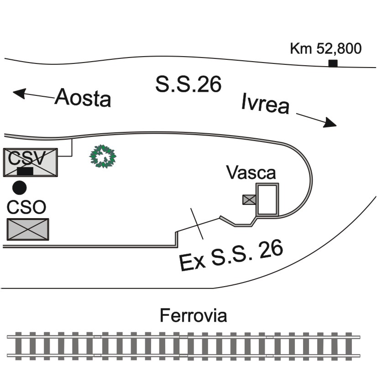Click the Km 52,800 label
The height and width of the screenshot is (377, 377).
pos(326,49)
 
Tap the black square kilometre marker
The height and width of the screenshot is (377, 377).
pos(333,63)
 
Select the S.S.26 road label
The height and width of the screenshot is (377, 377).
pos(188,84)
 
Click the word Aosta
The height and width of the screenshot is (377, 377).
pos(83,98)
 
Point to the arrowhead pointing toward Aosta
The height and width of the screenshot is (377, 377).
pos(19,93)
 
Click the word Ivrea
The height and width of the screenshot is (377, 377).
pos(265,104)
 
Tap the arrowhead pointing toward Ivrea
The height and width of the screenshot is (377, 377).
pos(330,123)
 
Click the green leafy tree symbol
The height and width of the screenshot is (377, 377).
pos(103,157)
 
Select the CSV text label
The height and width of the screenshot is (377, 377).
pos(26,158)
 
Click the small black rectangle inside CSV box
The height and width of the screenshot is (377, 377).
pos(25,171)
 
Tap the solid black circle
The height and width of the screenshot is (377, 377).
pos(20,188)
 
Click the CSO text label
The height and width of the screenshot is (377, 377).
pos(26,207)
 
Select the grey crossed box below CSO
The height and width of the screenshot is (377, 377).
pos(28,230)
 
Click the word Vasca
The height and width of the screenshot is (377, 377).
pos(251,173)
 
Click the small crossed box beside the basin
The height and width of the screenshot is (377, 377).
pos(249,200)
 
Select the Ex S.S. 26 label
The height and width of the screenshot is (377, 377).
pos(231,255)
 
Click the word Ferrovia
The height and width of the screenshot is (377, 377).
pos(194,316)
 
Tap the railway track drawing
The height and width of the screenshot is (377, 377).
pos(183,346)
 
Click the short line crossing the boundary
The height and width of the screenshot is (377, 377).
pos(197,224)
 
